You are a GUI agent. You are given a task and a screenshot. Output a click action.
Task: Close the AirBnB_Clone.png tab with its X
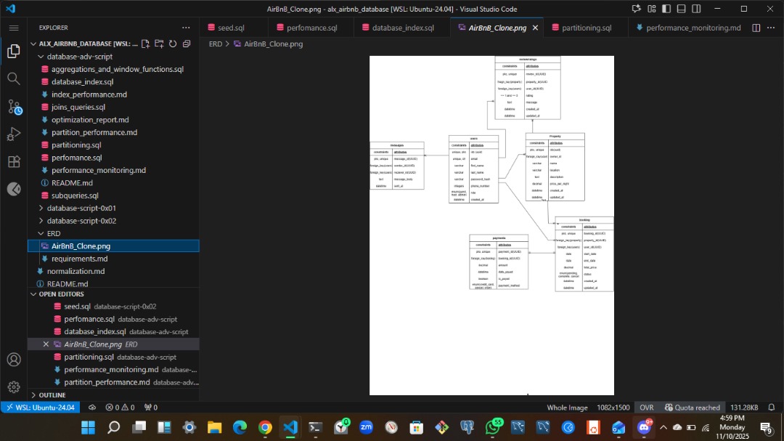(535, 28)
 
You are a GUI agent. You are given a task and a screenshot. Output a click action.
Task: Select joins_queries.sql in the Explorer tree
(78, 107)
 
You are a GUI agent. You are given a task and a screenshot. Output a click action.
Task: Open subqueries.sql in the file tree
(75, 195)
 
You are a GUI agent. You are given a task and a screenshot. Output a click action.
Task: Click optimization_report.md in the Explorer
(90, 120)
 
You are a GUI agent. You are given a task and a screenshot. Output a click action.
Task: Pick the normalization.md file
(75, 271)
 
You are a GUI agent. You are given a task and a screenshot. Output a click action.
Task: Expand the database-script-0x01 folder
(81, 208)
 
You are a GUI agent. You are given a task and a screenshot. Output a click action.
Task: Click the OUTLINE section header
(52, 395)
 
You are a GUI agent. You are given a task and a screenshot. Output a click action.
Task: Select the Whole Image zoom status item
(567, 408)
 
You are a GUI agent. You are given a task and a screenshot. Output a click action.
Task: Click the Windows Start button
(88, 427)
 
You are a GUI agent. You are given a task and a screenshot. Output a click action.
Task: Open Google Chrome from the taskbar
(265, 427)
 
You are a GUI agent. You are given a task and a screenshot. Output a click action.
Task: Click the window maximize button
(744, 9)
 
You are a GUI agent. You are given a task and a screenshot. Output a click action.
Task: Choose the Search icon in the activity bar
(13, 78)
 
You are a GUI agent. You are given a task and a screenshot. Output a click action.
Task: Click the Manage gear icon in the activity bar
(13, 387)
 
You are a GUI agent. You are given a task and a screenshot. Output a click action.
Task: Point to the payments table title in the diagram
(499, 238)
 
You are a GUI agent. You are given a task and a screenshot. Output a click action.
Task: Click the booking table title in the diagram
(584, 219)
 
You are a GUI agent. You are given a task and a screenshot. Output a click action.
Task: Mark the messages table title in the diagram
(396, 145)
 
